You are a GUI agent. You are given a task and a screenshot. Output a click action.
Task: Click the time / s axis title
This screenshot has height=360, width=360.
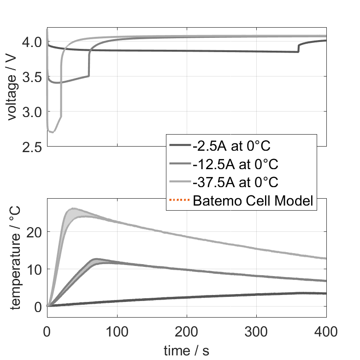click(x=186, y=351)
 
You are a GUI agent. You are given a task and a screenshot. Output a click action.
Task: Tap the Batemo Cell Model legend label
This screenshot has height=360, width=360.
click(x=254, y=201)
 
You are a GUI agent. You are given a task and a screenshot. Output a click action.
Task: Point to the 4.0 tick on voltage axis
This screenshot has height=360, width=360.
click(x=32, y=42)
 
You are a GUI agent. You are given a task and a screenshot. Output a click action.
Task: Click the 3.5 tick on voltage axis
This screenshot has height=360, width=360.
click(x=32, y=77)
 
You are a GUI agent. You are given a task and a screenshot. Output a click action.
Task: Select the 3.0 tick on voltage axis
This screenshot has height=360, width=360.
click(x=32, y=112)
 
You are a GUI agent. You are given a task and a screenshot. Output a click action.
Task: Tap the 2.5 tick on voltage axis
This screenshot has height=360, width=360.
click(x=32, y=147)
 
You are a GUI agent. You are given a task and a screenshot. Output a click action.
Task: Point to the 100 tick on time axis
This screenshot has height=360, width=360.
click(x=117, y=331)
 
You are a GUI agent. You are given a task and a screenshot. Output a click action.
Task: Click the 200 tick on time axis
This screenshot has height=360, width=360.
click(x=187, y=331)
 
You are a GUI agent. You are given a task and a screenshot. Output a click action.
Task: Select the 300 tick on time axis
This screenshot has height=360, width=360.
click(x=257, y=331)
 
